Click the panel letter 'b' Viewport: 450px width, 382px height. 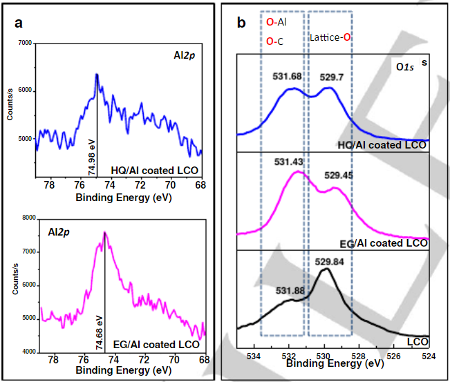pos(241,23)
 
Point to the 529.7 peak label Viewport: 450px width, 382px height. pos(332,78)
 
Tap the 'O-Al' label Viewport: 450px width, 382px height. pos(278,23)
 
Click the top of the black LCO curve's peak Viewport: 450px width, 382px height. pos(326,269)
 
